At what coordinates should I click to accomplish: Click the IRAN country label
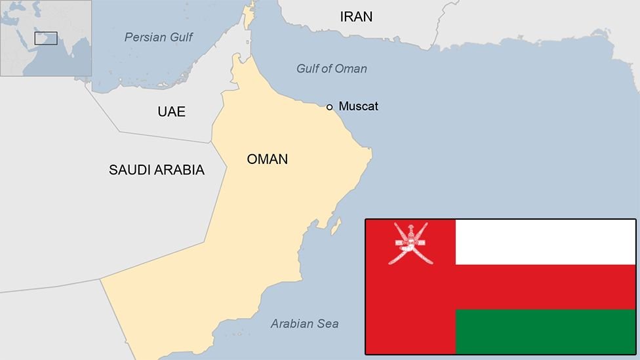tap(356, 17)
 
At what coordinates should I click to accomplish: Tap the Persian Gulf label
tap(159, 37)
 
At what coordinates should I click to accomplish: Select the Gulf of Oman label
tap(331, 69)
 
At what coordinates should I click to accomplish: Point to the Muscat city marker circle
tap(329, 106)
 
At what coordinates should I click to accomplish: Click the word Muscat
tap(358, 106)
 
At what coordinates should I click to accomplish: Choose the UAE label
tap(171, 111)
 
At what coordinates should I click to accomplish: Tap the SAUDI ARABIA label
tap(156, 170)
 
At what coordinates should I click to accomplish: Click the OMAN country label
tap(267, 159)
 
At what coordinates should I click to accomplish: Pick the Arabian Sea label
tap(304, 323)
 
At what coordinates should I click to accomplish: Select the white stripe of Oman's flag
tap(545, 241)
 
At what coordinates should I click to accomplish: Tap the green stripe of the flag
tap(545, 331)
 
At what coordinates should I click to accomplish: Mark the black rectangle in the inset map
tap(46, 38)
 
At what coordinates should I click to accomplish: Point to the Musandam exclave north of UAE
tap(248, 16)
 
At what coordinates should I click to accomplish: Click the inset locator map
tap(46, 38)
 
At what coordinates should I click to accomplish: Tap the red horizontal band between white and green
tap(545, 287)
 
